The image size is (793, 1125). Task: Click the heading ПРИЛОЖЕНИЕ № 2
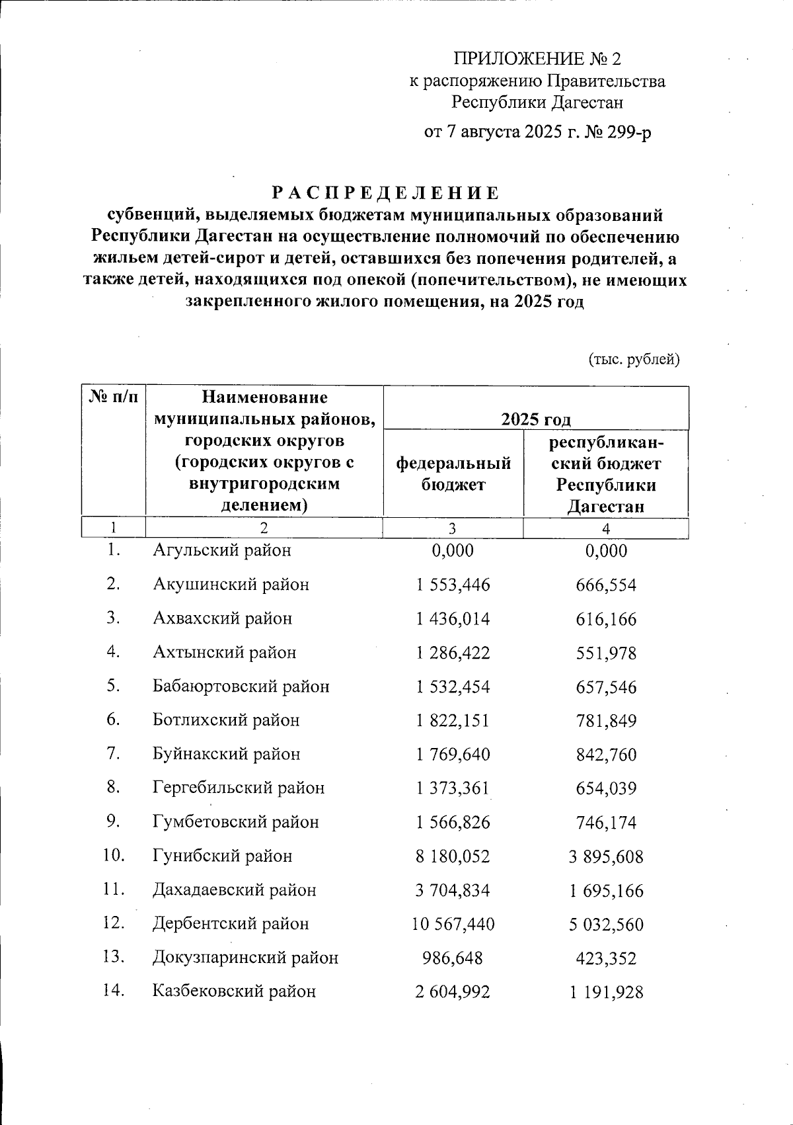tap(537, 59)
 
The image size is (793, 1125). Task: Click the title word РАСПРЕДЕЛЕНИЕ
tap(385, 194)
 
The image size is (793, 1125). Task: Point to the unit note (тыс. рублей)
tap(634, 359)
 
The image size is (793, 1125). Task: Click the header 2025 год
tap(535, 419)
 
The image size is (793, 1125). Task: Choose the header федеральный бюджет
tap(453, 474)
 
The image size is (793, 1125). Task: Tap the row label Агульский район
tap(221, 550)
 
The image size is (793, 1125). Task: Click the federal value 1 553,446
tap(453, 585)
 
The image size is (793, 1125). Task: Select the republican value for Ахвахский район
tap(606, 619)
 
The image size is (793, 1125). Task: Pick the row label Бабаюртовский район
tap(241, 687)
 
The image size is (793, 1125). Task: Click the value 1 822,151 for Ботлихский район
tap(453, 720)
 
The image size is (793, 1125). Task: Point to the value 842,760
tap(606, 754)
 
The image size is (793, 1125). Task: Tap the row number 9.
tap(113, 821)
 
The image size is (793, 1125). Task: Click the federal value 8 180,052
tap(453, 856)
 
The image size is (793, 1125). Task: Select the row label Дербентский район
tap(231, 923)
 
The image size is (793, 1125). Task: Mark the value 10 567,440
tap(453, 924)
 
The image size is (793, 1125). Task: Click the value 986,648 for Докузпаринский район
tap(453, 958)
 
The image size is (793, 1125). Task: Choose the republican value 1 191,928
tap(606, 991)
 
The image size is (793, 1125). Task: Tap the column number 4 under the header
tap(605, 528)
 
